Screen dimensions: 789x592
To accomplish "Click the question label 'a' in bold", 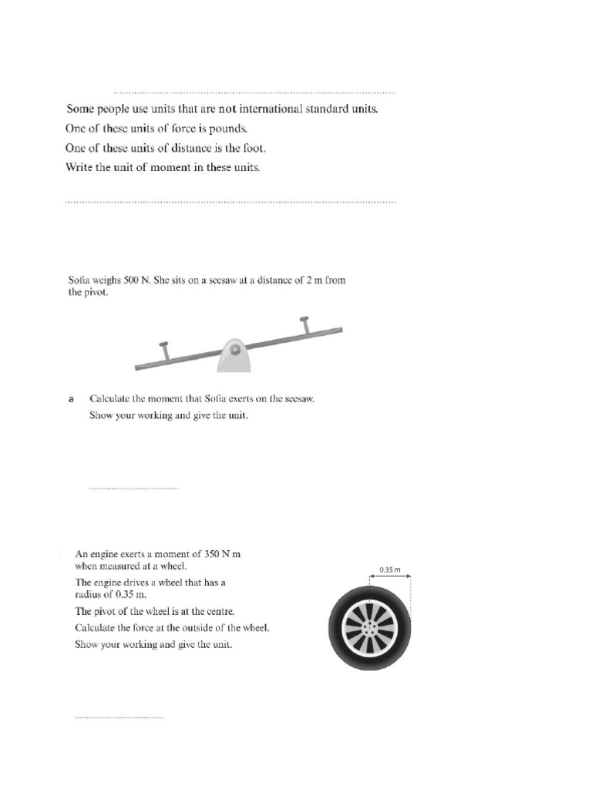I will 71,399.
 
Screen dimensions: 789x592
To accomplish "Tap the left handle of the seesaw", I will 164,351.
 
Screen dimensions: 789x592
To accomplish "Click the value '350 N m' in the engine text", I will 224,554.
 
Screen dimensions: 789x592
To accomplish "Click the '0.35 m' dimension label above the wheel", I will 390,570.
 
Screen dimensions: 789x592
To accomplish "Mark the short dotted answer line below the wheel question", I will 119,718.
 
